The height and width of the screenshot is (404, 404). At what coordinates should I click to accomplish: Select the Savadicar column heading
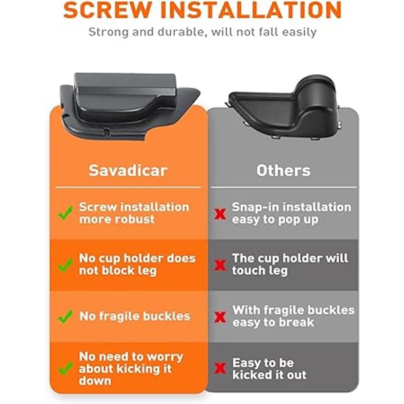click(128, 170)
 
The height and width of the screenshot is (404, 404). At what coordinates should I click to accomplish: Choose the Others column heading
click(283, 170)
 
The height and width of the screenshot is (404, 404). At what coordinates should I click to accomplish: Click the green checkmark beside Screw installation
click(65, 213)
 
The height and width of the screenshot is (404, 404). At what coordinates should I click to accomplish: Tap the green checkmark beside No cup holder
click(65, 265)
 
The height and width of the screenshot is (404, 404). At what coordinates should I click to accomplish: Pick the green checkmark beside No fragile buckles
click(65, 316)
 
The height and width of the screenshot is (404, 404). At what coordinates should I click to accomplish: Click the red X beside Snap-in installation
click(220, 214)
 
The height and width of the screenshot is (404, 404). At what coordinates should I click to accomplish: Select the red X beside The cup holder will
click(220, 265)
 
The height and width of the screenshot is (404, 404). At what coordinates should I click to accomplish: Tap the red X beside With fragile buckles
click(220, 317)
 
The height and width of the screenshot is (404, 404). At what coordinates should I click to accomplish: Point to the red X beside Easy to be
click(220, 368)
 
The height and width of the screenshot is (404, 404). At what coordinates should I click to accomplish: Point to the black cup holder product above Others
click(284, 107)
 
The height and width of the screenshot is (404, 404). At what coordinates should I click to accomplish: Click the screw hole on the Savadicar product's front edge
click(107, 131)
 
